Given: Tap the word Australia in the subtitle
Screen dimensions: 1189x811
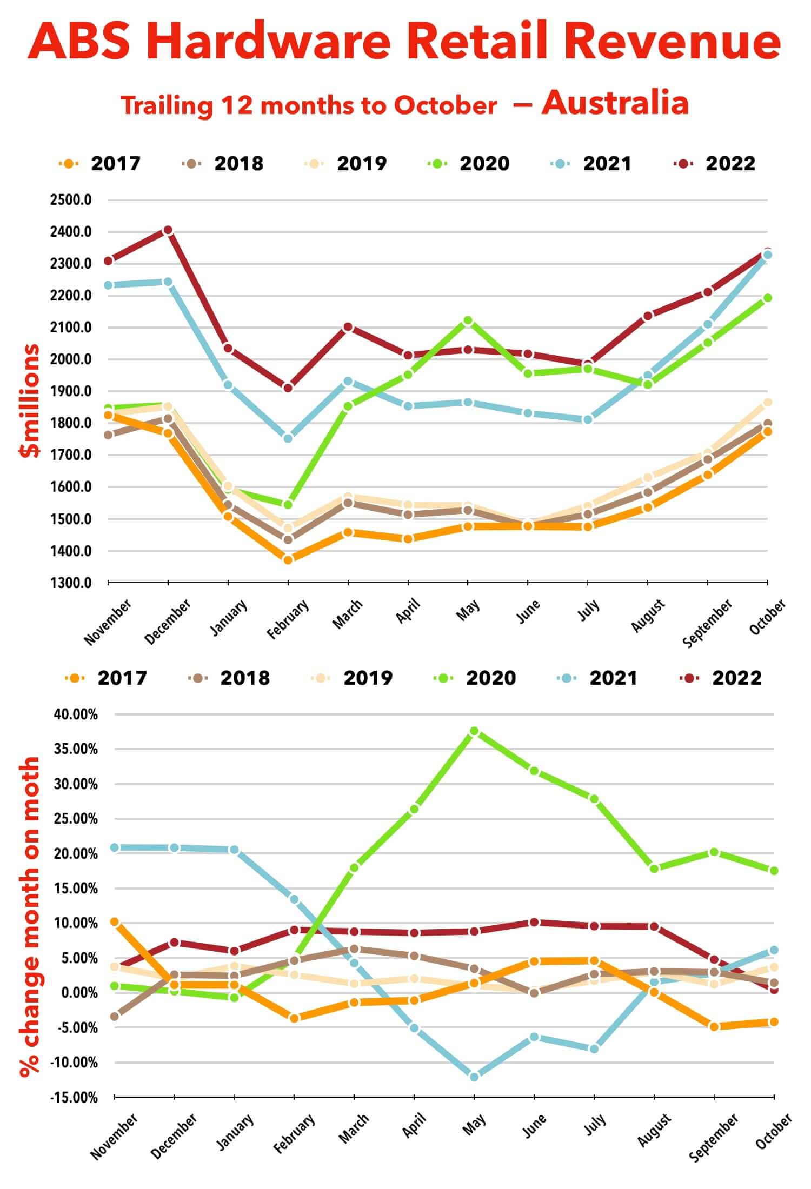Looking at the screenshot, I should click(x=615, y=103).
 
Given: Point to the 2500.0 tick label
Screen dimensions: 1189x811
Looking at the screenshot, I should click(x=71, y=200).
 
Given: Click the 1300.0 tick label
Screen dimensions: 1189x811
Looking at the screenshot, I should click(x=71, y=583).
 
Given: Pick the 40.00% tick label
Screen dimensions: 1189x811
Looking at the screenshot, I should click(x=76, y=714).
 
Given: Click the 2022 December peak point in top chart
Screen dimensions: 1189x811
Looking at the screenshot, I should click(x=168, y=230).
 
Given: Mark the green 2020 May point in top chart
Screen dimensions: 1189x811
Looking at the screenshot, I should click(x=468, y=320).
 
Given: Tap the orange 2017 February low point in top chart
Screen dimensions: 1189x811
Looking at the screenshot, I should click(x=288, y=560).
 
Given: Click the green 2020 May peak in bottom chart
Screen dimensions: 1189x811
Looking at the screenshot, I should click(x=474, y=731).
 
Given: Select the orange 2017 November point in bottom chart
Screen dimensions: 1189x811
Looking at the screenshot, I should click(x=115, y=922).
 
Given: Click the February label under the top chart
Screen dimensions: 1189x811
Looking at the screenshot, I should click(x=288, y=619).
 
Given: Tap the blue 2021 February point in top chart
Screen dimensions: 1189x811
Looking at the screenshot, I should click(x=288, y=438).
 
